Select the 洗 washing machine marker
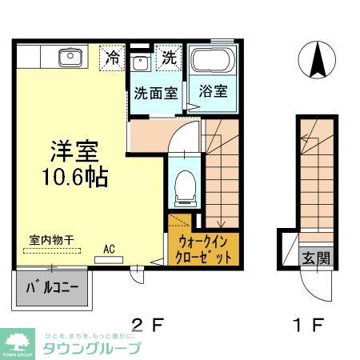169,58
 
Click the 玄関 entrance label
313,258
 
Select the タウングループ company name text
91,348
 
